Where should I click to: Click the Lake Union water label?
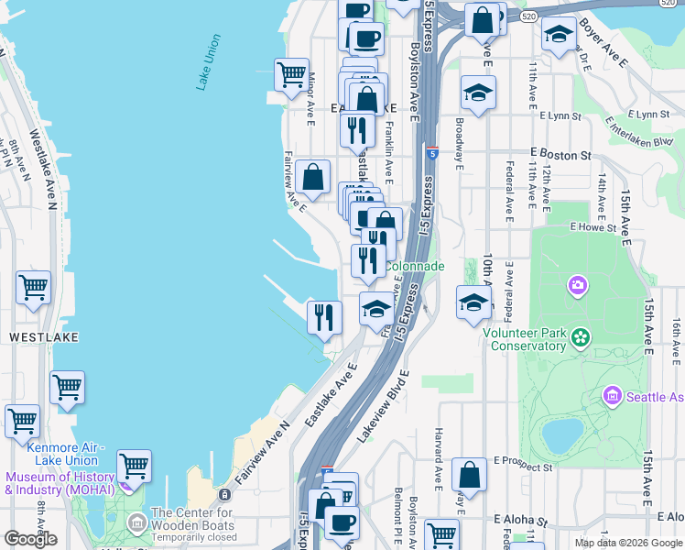[208, 62]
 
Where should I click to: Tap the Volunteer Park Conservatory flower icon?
[580, 338]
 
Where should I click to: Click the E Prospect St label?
[523, 467]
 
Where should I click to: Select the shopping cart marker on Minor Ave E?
[292, 74]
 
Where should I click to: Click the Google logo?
[30, 539]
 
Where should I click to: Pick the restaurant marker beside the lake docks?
[324, 316]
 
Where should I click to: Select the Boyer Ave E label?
[603, 49]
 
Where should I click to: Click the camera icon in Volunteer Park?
[577, 286]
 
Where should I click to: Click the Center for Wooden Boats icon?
[137, 524]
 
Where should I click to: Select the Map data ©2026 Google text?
[627, 543]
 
